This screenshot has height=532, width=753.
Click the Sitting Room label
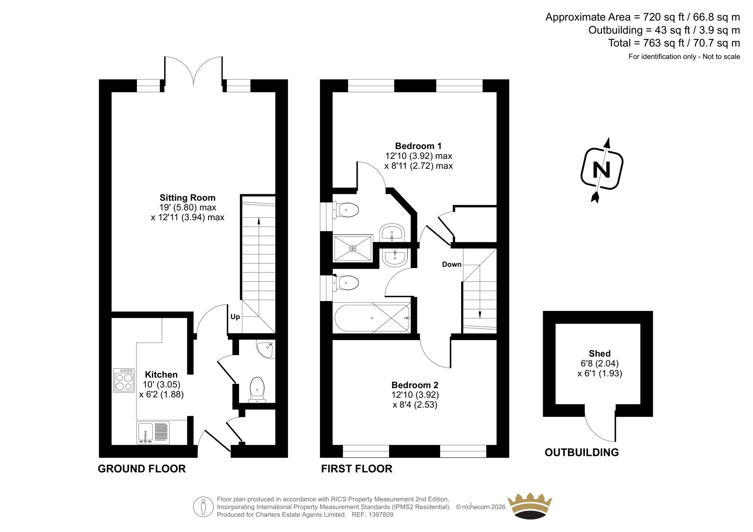click(x=188, y=198)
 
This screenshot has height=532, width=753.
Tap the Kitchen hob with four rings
click(x=124, y=380)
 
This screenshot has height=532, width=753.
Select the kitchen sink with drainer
click(x=153, y=433)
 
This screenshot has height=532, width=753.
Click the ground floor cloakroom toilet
click(x=257, y=389)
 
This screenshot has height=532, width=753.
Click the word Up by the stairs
click(x=235, y=317)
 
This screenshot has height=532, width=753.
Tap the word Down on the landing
click(x=451, y=264)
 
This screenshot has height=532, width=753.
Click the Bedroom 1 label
click(x=418, y=146)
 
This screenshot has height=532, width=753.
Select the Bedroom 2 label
click(x=415, y=385)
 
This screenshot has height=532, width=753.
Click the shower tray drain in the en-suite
click(x=352, y=249)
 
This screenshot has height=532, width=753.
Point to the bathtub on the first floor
click(x=372, y=318)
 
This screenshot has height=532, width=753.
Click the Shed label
click(x=600, y=354)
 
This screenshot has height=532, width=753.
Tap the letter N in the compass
click(x=601, y=170)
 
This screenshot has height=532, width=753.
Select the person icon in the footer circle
click(x=203, y=507)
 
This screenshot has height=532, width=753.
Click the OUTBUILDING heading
click(x=582, y=453)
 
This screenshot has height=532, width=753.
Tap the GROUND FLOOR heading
click(x=142, y=468)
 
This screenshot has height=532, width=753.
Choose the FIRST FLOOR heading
click(x=356, y=468)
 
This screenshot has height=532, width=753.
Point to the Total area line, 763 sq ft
click(x=674, y=43)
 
